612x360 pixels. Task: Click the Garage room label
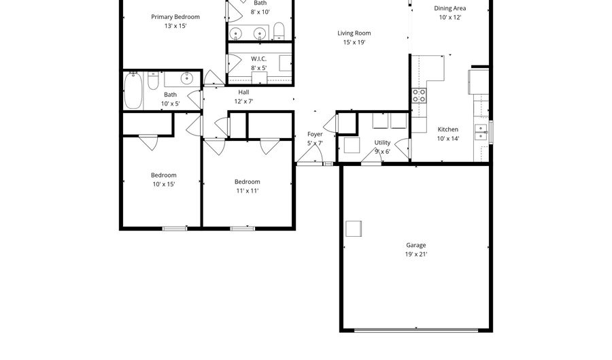pos(415,245)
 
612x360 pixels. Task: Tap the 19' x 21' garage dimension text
pos(416,255)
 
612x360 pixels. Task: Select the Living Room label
pos(354,33)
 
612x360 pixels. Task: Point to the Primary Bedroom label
pos(175,17)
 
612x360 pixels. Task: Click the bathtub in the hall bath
pos(133,91)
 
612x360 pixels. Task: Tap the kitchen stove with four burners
pos(419,96)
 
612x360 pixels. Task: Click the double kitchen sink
pos(481,133)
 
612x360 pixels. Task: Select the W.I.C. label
pos(259,59)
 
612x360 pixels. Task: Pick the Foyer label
pos(315,134)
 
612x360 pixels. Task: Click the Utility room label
pos(382,143)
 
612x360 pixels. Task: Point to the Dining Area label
pos(450,8)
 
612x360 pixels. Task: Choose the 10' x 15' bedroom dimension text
pos(163,184)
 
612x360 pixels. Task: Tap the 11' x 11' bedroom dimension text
pos(248,191)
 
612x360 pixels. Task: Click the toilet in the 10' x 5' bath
pos(153,80)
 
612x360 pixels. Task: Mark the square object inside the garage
pos(354,229)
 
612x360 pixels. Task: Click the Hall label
pos(243,93)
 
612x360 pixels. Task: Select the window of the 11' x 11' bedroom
pos(242,229)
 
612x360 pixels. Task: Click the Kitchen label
pos(447,129)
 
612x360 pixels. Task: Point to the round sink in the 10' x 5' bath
pos(187,78)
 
